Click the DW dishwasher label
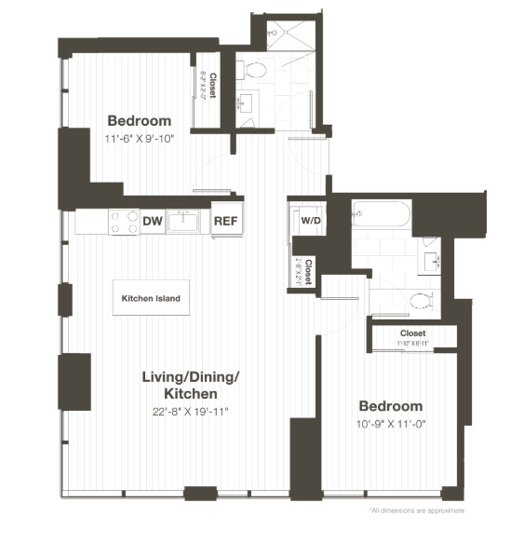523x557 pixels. point(153,222)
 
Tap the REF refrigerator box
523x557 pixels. point(226,222)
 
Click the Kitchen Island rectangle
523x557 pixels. point(151,299)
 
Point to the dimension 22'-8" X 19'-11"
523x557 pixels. point(191,411)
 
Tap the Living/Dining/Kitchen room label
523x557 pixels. point(191,386)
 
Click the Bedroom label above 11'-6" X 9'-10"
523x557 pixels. point(140,121)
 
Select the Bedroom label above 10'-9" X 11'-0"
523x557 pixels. point(392,406)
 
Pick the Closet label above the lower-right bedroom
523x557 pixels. point(413,333)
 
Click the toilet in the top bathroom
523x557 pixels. point(253,70)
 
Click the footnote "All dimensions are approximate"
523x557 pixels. point(416,510)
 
